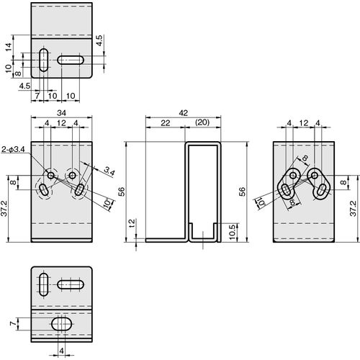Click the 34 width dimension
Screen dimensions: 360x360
tap(61, 113)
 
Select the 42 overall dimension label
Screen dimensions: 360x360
tap(183, 113)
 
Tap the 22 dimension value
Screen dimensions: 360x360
tap(166, 123)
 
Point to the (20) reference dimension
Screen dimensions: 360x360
tap(202, 122)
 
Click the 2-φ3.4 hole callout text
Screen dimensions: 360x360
tap(13, 150)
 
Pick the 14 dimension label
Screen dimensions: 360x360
tap(9, 48)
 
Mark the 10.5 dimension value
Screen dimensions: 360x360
tap(232, 233)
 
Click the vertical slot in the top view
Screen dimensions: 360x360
tap(43, 60)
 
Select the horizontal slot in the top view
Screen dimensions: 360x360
tap(71, 60)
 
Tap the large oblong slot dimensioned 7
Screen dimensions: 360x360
tap(62, 324)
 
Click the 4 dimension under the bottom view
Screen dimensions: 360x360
tap(61, 351)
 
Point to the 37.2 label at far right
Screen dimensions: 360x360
tap(354, 209)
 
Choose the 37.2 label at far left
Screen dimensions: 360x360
tap(5, 209)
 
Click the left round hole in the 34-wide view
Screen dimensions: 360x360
tap(51, 176)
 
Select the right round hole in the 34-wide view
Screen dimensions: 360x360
tap(72, 176)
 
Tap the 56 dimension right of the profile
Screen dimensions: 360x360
tap(243, 192)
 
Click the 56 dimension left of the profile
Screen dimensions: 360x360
tap(122, 192)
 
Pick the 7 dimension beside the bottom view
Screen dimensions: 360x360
tap(14, 324)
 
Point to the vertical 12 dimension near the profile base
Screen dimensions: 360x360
tap(132, 224)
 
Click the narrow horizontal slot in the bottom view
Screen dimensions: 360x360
tap(71, 285)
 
